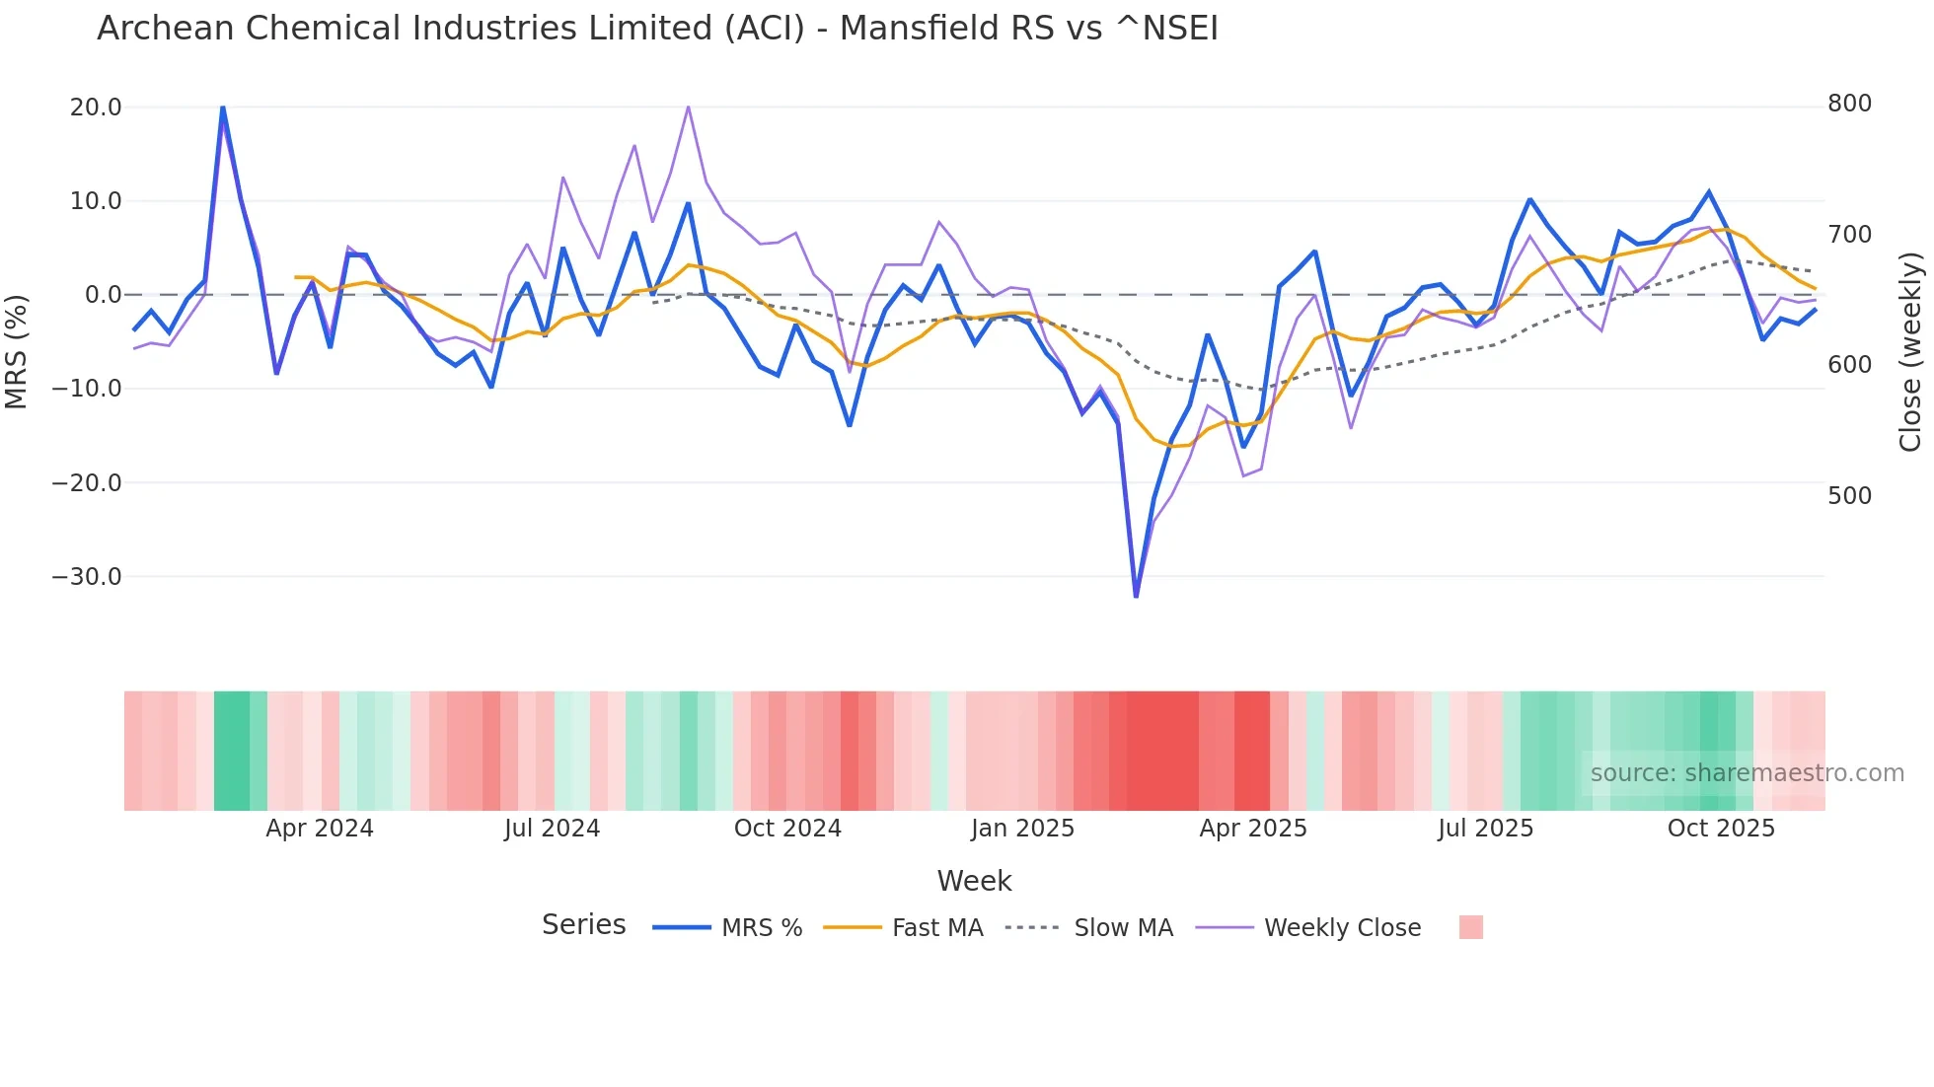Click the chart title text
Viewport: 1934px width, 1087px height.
pos(657,29)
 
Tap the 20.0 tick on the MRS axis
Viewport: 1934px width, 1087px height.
pos(96,108)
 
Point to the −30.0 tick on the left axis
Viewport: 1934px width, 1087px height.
pos(87,577)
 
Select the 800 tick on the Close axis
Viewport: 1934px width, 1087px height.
pos(1849,104)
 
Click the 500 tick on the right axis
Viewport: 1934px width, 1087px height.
pos(1849,496)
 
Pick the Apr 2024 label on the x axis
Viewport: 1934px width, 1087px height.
pos(319,829)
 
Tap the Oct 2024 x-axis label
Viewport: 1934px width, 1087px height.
pos(787,829)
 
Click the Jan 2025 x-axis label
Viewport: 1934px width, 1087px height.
pos(1022,829)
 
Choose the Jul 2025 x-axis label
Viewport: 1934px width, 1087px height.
pos(1485,829)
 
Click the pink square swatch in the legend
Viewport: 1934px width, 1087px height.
pos(1470,927)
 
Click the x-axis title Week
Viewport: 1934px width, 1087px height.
pos(974,881)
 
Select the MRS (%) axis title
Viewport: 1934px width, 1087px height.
pos(17,351)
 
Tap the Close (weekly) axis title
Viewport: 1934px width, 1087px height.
pos(1910,351)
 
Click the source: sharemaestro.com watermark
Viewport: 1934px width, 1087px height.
pos(1747,773)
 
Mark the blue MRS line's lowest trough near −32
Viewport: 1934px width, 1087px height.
pos(1136,596)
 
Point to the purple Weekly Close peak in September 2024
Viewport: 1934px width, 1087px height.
pos(688,107)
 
